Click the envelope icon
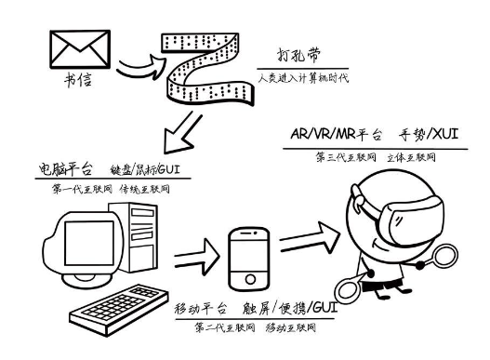[80, 49]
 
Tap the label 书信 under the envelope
[78, 80]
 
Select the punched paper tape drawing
[207, 70]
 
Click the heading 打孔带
[299, 56]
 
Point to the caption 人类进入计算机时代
[303, 77]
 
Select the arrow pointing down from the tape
[182, 133]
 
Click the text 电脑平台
[66, 168]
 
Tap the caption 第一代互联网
[82, 189]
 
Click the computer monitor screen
[89, 243]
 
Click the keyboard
[119, 310]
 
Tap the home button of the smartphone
[250, 279]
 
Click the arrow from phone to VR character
[310, 238]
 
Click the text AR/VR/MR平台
[337, 134]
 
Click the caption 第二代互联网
[224, 327]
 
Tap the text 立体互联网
[411, 157]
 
